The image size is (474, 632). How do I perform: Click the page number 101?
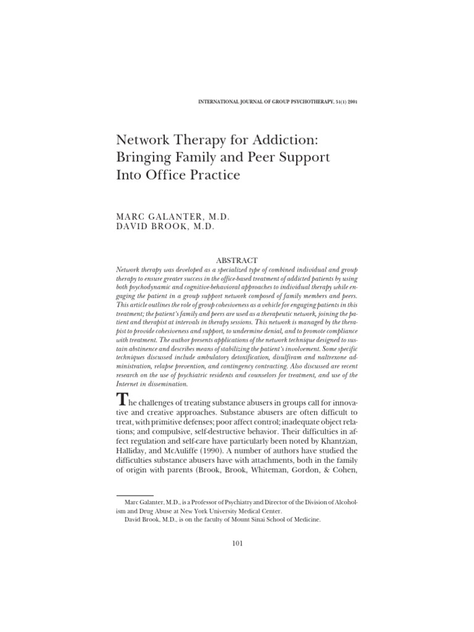(238, 543)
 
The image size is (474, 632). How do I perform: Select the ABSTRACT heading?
(237, 260)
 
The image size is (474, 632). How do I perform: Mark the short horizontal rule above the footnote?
(135, 495)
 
